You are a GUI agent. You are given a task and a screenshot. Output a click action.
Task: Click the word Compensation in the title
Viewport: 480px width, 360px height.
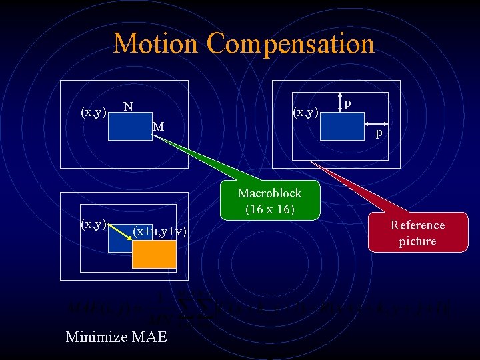click(x=290, y=44)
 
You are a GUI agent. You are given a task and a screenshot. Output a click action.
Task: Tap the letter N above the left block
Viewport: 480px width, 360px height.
click(x=129, y=107)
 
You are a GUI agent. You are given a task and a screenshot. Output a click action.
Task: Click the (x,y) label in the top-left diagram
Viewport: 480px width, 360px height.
click(x=93, y=112)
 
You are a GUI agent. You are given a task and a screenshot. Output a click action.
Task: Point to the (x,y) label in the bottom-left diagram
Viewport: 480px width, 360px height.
click(x=93, y=224)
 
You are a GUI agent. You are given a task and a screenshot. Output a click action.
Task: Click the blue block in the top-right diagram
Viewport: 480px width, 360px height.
click(x=342, y=126)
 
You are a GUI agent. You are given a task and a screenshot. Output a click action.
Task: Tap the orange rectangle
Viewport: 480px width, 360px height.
click(x=154, y=254)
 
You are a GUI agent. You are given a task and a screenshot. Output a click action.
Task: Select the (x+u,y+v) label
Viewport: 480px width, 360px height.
click(x=159, y=231)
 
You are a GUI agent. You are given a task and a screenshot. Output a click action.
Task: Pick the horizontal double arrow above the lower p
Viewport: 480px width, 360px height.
click(x=377, y=125)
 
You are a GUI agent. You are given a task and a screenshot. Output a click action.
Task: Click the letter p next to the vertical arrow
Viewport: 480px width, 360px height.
click(x=349, y=103)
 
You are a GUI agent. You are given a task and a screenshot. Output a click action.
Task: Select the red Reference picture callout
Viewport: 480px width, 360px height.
click(x=417, y=233)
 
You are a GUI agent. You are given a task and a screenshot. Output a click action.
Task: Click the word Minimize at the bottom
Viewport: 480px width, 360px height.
click(x=95, y=337)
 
